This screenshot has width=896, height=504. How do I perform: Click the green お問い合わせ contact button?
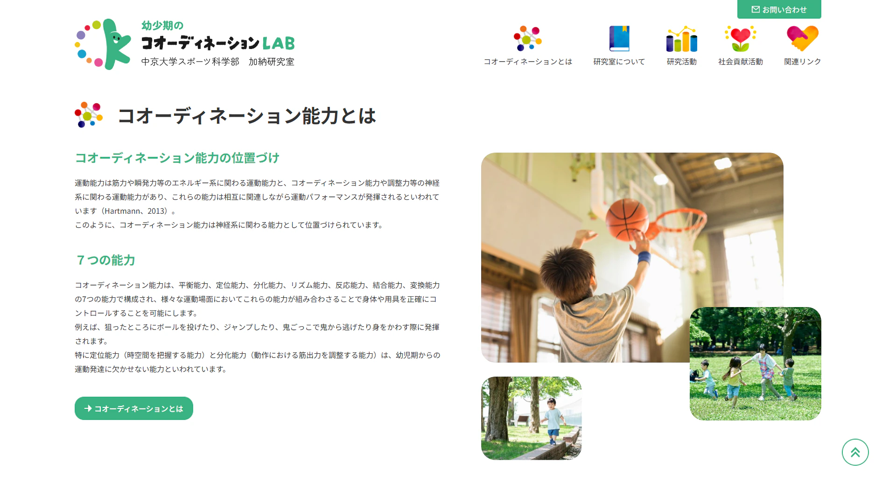click(779, 9)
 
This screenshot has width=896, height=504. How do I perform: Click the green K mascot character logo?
click(115, 44)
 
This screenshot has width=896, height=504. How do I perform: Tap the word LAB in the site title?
click(279, 43)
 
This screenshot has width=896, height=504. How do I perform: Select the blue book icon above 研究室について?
click(619, 38)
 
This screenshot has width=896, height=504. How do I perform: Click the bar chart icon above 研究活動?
click(682, 39)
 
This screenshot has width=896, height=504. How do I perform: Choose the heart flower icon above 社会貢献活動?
click(741, 39)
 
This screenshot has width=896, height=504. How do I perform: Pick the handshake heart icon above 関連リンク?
click(803, 38)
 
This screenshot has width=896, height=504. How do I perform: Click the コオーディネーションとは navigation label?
click(528, 62)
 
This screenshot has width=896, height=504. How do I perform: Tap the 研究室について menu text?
click(619, 62)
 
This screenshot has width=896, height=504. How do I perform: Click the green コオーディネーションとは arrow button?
click(134, 408)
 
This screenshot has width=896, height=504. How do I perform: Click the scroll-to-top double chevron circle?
click(855, 452)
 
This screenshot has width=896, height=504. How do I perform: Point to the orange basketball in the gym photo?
click(627, 219)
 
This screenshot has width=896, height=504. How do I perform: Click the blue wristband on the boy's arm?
click(644, 258)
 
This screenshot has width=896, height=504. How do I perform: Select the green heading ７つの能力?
click(106, 260)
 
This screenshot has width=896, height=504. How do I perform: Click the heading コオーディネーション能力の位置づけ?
click(177, 158)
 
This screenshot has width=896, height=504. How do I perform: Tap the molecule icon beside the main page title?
click(89, 115)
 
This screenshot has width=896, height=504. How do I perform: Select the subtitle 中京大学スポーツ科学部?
click(190, 62)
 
